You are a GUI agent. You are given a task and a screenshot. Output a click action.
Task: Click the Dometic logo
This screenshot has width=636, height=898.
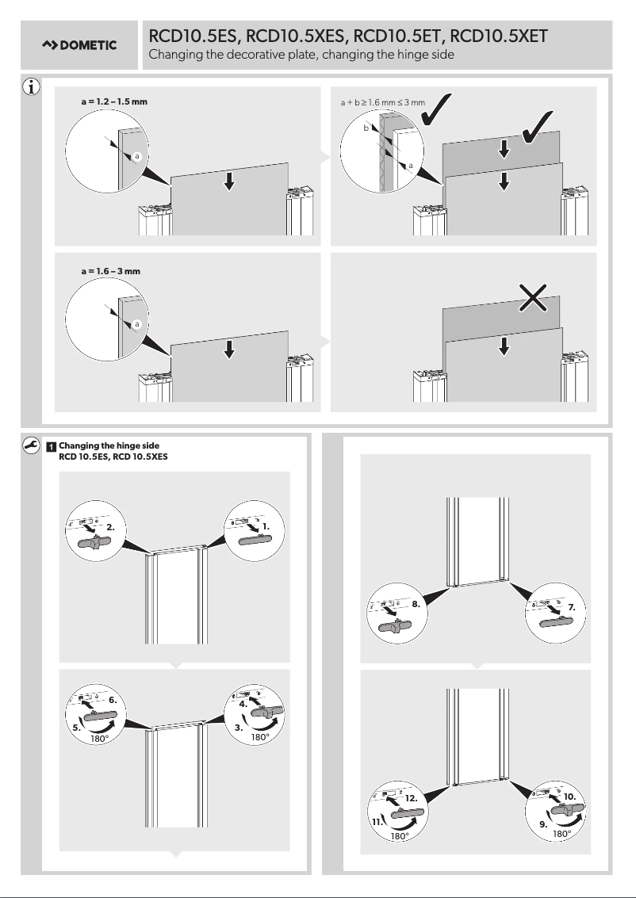79,45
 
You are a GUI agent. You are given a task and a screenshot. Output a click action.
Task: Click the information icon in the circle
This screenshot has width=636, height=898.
30,87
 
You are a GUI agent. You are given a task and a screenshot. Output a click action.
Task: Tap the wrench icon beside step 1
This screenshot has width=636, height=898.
30,446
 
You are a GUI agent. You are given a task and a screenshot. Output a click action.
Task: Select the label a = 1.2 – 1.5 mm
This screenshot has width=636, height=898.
114,103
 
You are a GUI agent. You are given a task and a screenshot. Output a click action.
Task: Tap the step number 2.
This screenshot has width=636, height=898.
112,526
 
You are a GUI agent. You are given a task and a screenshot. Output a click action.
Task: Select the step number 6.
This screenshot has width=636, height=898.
113,700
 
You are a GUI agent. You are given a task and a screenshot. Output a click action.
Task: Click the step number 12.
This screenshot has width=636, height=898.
412,799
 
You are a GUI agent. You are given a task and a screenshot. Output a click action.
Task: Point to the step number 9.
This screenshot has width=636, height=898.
543,824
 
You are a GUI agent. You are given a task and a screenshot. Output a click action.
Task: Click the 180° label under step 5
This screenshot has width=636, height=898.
99,737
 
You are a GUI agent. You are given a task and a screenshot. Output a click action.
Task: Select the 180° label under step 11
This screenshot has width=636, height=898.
400,836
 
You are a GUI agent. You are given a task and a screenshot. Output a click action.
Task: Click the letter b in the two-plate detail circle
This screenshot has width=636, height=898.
366,127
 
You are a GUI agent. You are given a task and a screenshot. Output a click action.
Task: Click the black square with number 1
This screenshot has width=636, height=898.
50,446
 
